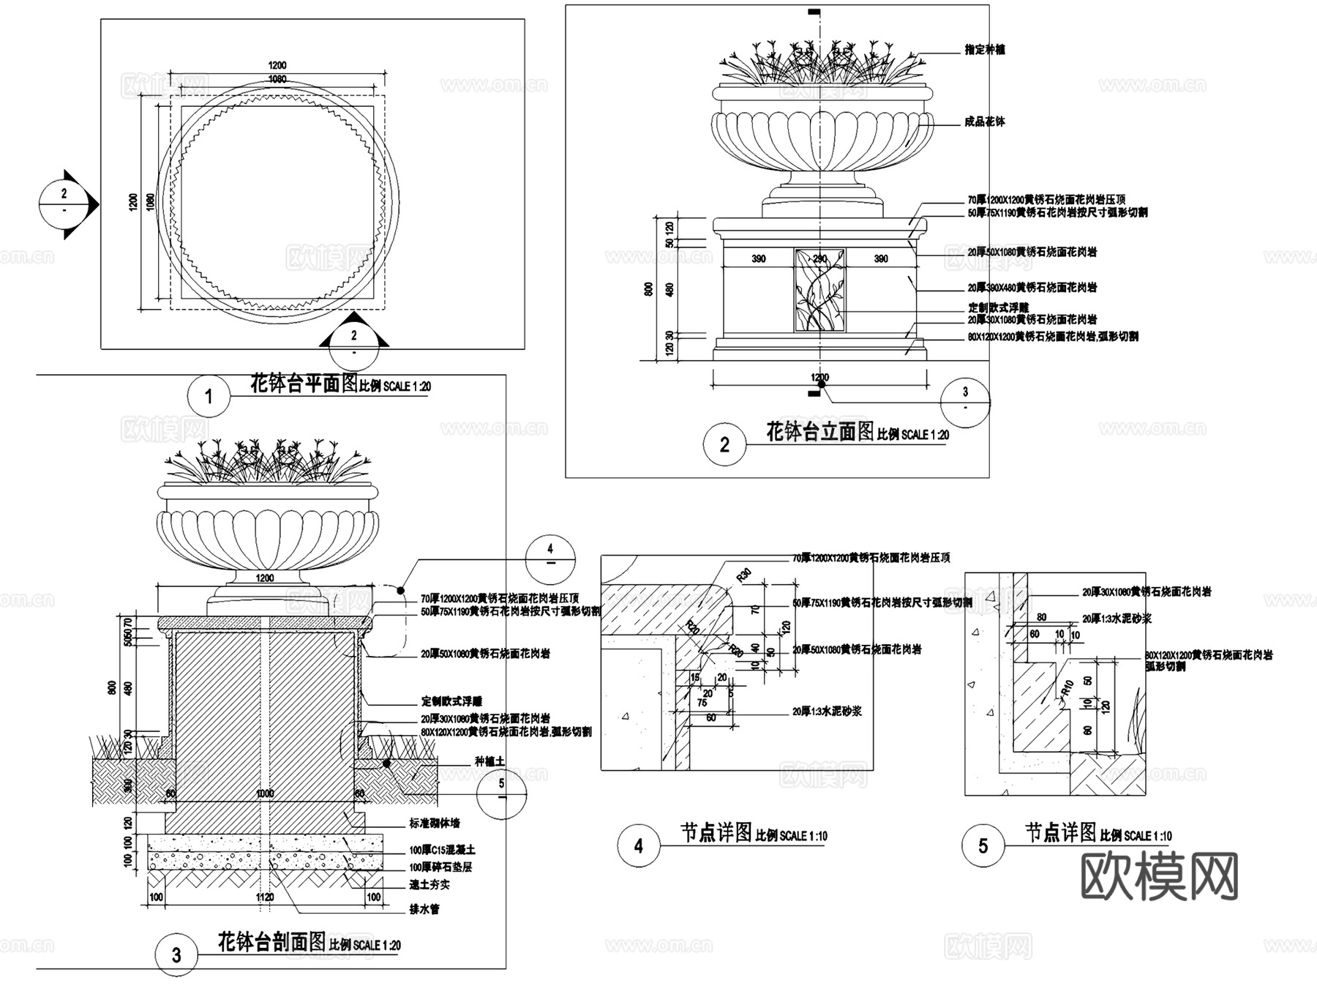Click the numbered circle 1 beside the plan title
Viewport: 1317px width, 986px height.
click(209, 396)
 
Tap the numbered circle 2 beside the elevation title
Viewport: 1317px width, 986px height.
click(724, 444)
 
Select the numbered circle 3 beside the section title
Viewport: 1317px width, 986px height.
click(176, 955)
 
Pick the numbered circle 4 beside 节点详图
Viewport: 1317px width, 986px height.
click(638, 845)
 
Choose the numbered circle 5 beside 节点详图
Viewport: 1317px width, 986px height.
click(983, 845)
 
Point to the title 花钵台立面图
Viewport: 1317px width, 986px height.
click(819, 431)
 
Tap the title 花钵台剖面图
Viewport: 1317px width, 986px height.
click(271, 941)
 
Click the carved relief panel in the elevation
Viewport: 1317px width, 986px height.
click(819, 289)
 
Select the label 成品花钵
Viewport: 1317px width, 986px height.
click(984, 122)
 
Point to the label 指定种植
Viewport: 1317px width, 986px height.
click(984, 50)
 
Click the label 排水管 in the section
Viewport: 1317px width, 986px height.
click(424, 909)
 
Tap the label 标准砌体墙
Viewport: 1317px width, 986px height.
click(435, 823)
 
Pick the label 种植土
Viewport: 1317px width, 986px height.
click(489, 761)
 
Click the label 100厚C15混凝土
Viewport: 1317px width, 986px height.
click(442, 850)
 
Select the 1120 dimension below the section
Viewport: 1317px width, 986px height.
click(264, 897)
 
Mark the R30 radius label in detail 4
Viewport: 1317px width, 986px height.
click(743, 575)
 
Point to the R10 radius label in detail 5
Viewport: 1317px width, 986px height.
click(1068, 688)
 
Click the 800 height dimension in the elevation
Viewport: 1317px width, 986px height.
click(648, 289)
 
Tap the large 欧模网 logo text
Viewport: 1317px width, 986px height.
click(1159, 876)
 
